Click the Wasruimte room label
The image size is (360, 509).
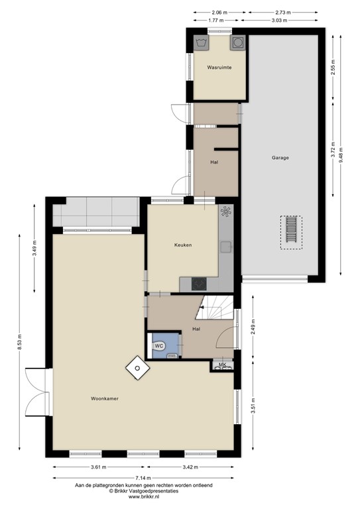[218, 68]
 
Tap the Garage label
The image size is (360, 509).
[280, 158]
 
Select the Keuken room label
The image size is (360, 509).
[183, 245]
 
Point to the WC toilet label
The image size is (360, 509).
[160, 346]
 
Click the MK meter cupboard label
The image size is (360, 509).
[222, 365]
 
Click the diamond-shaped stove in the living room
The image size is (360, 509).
[137, 368]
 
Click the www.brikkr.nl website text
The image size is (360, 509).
[143, 496]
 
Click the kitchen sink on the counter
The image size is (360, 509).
[226, 247]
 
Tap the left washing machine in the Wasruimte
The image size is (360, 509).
[202, 42]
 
